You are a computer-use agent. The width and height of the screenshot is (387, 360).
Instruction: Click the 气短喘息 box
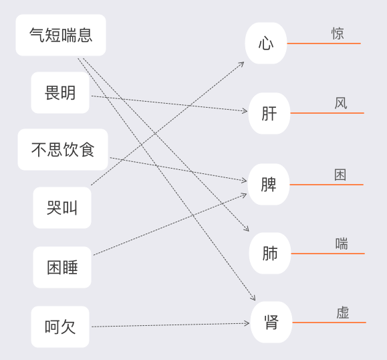(x=61, y=35)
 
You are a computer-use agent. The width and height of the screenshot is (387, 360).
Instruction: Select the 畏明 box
(x=60, y=92)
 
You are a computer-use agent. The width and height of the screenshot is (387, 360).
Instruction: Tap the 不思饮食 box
(x=63, y=149)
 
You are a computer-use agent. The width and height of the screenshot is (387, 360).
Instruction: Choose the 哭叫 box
(x=62, y=207)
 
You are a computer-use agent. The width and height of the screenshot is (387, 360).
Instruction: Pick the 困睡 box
(x=62, y=267)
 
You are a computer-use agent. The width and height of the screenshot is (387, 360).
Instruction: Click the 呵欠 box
(x=60, y=327)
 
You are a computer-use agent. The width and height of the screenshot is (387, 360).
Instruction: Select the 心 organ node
(x=266, y=43)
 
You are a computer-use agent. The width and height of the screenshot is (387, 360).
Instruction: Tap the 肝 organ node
(x=269, y=113)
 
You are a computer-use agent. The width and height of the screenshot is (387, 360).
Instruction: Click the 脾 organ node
(x=269, y=184)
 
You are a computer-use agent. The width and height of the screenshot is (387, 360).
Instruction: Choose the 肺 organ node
(x=270, y=253)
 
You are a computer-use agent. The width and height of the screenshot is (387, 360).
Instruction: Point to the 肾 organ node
(x=271, y=323)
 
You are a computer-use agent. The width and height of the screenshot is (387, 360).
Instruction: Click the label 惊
(x=338, y=33)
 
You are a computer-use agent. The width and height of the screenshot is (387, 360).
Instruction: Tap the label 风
(x=341, y=103)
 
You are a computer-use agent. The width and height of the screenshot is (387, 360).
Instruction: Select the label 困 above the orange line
(x=340, y=175)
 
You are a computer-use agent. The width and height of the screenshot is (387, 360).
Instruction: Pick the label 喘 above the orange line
(x=342, y=244)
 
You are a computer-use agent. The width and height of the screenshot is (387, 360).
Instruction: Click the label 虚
(x=343, y=312)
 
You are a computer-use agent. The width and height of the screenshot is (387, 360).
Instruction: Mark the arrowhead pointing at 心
(x=242, y=64)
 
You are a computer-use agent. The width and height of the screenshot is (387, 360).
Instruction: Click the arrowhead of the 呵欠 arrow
(x=247, y=323)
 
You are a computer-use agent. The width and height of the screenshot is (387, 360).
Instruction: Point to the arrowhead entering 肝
(x=245, y=111)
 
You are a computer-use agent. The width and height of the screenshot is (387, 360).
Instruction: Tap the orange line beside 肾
(x=329, y=323)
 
